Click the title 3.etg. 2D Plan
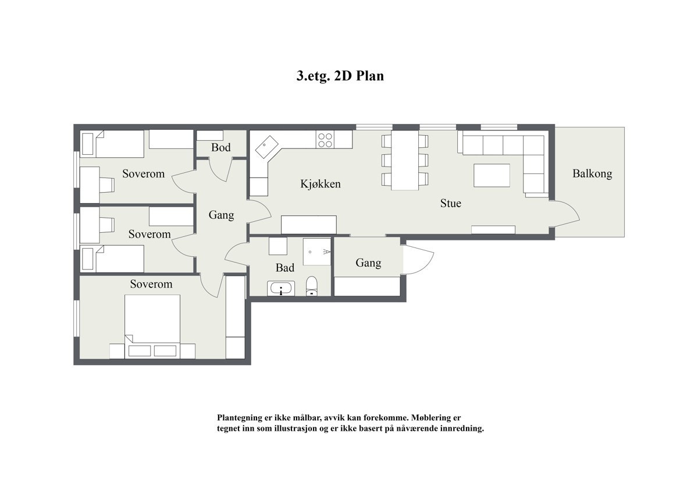(340, 76)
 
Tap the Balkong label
(592, 173)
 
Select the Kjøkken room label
(320, 184)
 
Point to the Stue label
(451, 203)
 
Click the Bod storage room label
(221, 147)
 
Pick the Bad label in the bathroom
(285, 268)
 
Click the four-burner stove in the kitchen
(325, 139)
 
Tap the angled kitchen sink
(267, 147)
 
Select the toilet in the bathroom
(312, 286)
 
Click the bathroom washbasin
(281, 289)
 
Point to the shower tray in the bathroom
(317, 251)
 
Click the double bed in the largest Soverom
(152, 327)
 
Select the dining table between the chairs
(405, 160)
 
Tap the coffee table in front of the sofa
(492, 176)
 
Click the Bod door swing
(220, 170)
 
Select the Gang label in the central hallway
(221, 215)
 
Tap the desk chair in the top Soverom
(107, 185)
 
